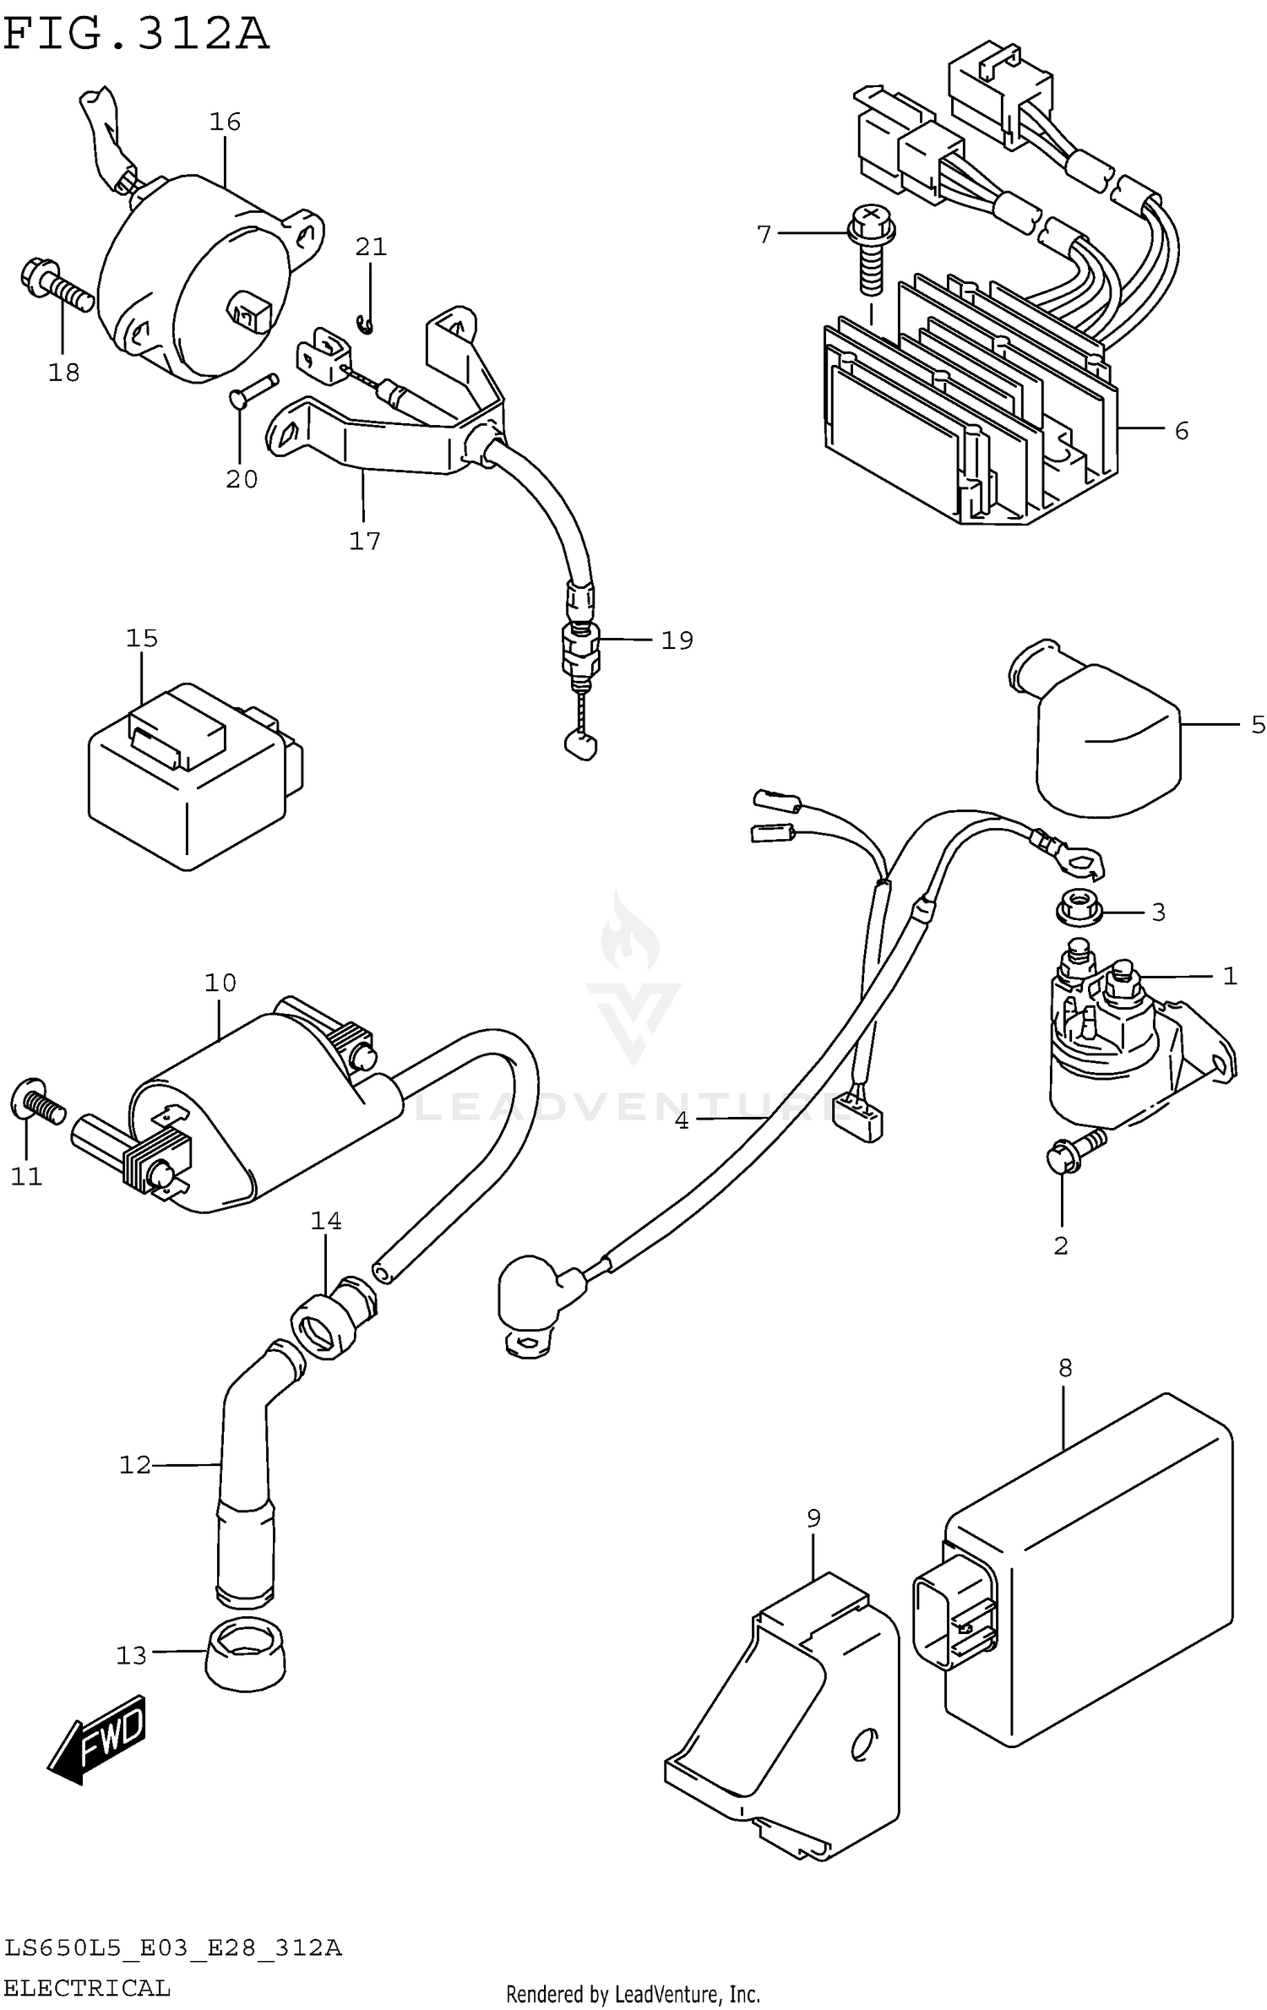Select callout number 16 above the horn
click(225, 122)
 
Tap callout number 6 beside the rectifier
click(1181, 431)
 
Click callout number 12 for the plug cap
click(134, 1464)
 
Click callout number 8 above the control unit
click(1064, 1367)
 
